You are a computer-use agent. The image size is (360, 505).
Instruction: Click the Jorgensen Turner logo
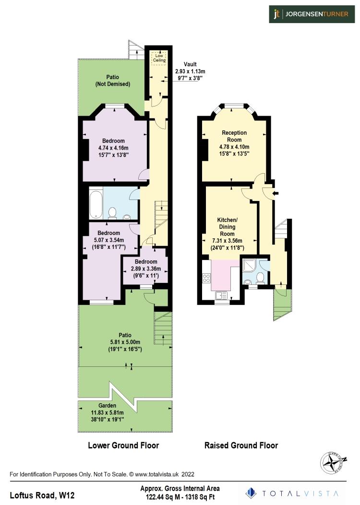pyautogui.click(x=311, y=14)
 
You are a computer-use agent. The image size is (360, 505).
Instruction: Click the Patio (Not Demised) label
pyautogui.click(x=112, y=80)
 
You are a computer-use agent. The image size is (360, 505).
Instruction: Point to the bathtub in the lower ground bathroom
pyautogui.click(x=95, y=203)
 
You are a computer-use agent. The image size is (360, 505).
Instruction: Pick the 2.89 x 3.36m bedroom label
pyautogui.click(x=145, y=269)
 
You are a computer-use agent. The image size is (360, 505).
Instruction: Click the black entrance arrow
pyautogui.click(x=276, y=193)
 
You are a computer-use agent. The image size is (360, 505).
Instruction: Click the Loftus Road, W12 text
pyautogui.click(x=43, y=494)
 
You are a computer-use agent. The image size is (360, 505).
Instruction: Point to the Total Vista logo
pyautogui.click(x=293, y=493)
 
